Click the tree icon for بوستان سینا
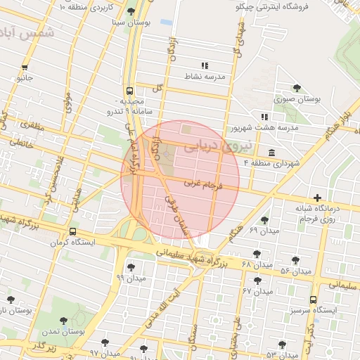[x=131, y=11]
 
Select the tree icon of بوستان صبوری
[x=297, y=89]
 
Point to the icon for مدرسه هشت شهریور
[x=264, y=117]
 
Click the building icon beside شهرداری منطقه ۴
[x=271, y=153]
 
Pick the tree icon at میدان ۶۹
[x=264, y=220]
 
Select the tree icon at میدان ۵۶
[x=295, y=260]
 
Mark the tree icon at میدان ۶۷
[x=257, y=280]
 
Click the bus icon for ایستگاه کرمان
[x=73, y=232]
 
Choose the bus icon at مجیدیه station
[x=129, y=91]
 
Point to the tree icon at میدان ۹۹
[x=130, y=267]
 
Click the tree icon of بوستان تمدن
[x=64, y=321]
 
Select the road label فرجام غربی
[x=203, y=185]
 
